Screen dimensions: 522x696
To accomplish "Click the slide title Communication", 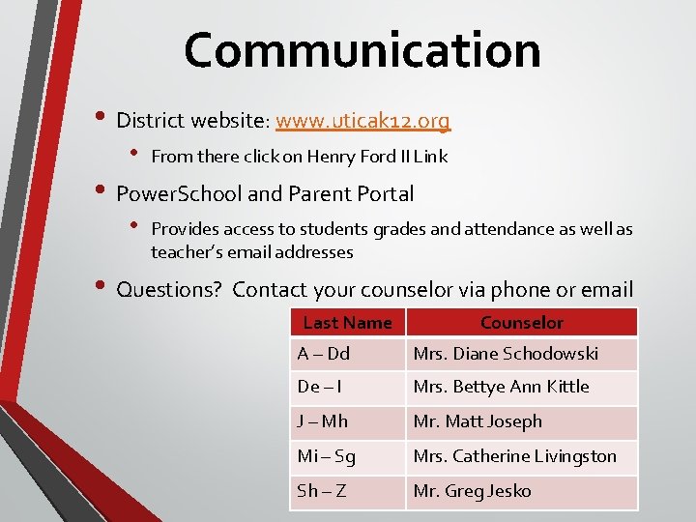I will tap(362, 50).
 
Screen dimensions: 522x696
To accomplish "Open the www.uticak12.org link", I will tap(362, 121).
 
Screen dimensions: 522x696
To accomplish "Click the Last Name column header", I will tap(347, 323).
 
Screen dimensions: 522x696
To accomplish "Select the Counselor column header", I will tap(521, 323).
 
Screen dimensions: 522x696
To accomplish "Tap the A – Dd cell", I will tap(347, 354).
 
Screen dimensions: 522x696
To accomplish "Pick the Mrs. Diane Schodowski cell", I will tap(521, 354).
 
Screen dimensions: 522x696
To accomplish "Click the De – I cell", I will tap(347, 387).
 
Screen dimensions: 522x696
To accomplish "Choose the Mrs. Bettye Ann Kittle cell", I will tap(521, 387).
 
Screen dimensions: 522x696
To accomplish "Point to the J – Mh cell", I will tap(347, 421).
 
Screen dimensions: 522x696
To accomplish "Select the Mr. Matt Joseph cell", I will tap(521, 421).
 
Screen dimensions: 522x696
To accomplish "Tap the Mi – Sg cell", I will tap(347, 456).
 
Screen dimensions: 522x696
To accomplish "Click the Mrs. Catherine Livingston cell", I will tap(521, 456).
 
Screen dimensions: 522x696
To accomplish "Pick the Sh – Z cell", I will tap(347, 491).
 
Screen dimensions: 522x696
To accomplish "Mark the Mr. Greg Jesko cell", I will tap(521, 491).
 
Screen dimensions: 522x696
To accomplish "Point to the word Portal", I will tap(385, 193).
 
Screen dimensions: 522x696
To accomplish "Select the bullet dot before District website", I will tap(101, 120).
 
